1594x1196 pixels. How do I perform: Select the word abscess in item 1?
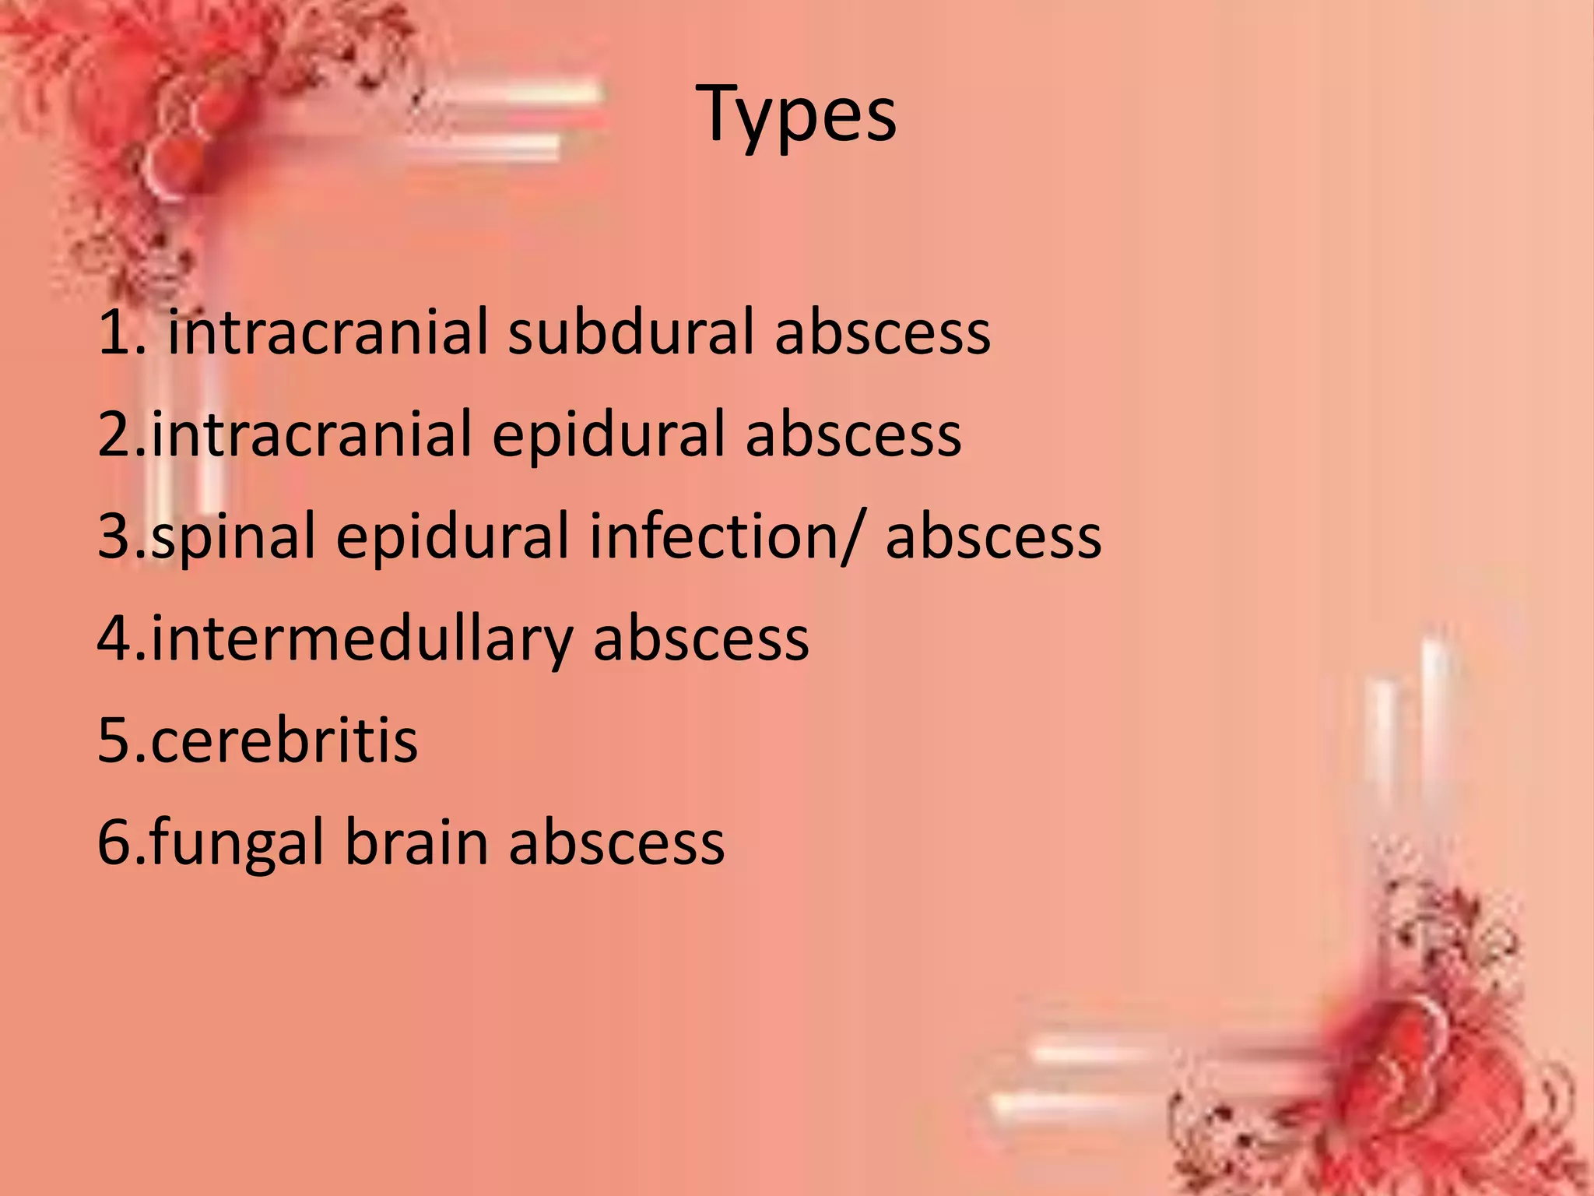(x=883, y=332)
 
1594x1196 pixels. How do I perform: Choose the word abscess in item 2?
(x=853, y=434)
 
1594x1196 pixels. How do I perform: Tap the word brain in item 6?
(x=416, y=842)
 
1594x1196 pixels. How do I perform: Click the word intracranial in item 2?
(x=311, y=434)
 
